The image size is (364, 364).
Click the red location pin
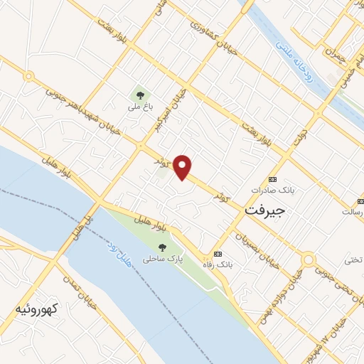pos(183,166)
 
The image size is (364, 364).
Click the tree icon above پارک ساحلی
pos(163,247)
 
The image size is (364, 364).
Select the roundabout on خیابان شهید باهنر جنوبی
pos(29,76)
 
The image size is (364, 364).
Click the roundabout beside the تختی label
pos(307,261)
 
